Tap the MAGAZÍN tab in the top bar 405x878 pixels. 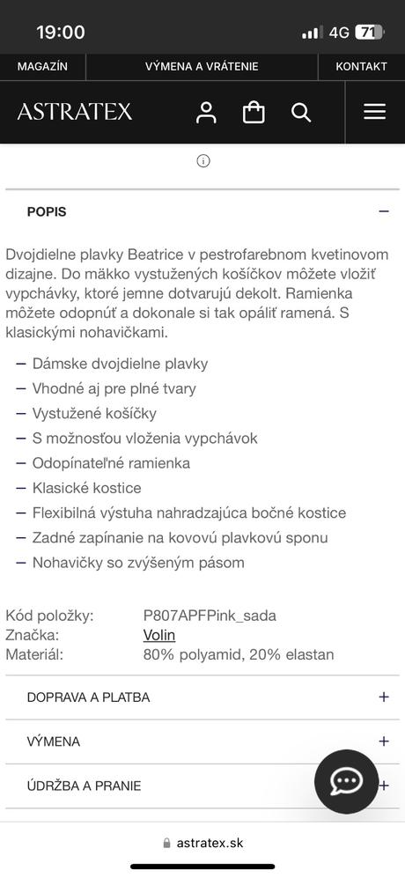click(42, 67)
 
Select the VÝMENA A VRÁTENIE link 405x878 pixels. click(202, 67)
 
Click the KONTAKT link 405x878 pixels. click(361, 67)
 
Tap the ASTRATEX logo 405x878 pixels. click(75, 112)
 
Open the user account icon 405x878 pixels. click(206, 112)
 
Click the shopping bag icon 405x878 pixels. click(254, 112)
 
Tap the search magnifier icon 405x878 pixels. click(301, 112)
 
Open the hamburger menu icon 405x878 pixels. click(375, 112)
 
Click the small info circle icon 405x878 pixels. click(203, 161)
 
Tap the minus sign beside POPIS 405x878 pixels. click(383, 211)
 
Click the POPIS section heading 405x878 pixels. click(47, 211)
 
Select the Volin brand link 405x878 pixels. click(159, 635)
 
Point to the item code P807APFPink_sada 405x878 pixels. click(210, 616)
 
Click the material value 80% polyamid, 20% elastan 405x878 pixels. click(239, 654)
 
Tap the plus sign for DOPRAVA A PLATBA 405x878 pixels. click(383, 697)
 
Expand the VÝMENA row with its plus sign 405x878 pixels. click(383, 742)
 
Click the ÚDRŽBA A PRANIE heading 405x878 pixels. click(84, 786)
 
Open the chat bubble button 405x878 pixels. click(346, 781)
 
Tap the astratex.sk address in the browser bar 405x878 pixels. click(210, 843)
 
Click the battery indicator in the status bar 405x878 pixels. click(370, 33)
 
